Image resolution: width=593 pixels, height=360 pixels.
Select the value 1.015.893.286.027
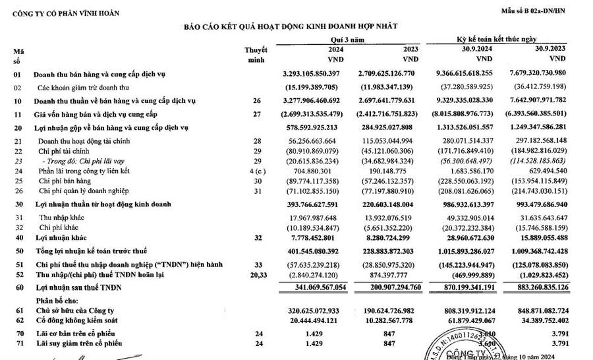pos(458,251)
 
